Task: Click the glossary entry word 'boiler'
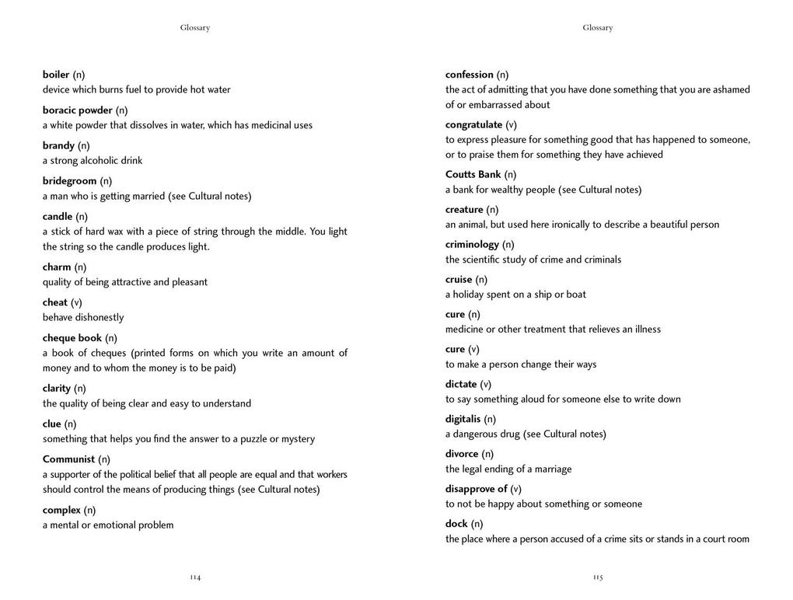[56, 75]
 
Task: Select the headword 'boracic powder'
[78, 110]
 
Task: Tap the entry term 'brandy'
[58, 145]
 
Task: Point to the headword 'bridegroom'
[70, 181]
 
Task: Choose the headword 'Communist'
[68, 459]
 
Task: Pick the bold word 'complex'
[61, 510]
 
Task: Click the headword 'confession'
[470, 75]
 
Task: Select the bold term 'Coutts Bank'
[473, 174]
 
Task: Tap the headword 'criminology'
[473, 244]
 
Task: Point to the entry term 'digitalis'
[463, 419]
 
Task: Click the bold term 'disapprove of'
[477, 489]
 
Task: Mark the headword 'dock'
[456, 524]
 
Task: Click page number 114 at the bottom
[195, 577]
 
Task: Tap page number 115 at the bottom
[598, 577]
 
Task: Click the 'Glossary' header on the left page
[195, 28]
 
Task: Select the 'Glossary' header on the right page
[598, 28]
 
